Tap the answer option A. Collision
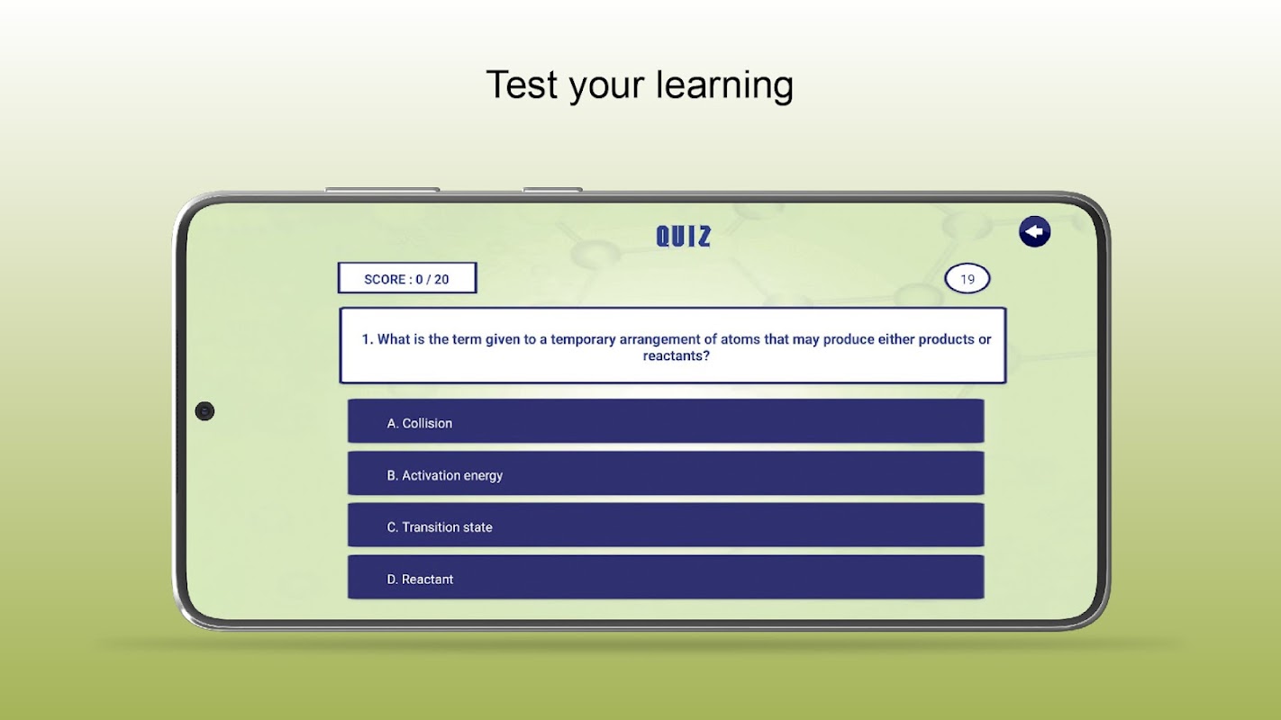point(666,421)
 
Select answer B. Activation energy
point(666,473)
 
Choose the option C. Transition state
point(666,525)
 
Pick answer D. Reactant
point(666,577)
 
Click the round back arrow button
point(1034,231)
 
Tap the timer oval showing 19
point(967,279)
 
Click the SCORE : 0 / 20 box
point(407,278)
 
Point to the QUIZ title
point(684,236)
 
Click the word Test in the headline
point(522,85)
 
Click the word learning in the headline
point(724,86)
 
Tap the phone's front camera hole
point(204,411)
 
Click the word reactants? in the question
point(677,356)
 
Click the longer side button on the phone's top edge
point(382,189)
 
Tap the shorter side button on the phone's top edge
point(552,189)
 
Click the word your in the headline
point(606,87)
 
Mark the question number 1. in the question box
point(368,339)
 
